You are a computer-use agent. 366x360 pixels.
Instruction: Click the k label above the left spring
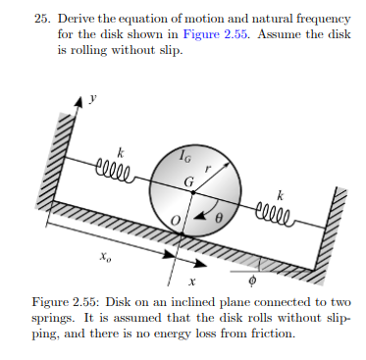pyautogui.click(x=122, y=151)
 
